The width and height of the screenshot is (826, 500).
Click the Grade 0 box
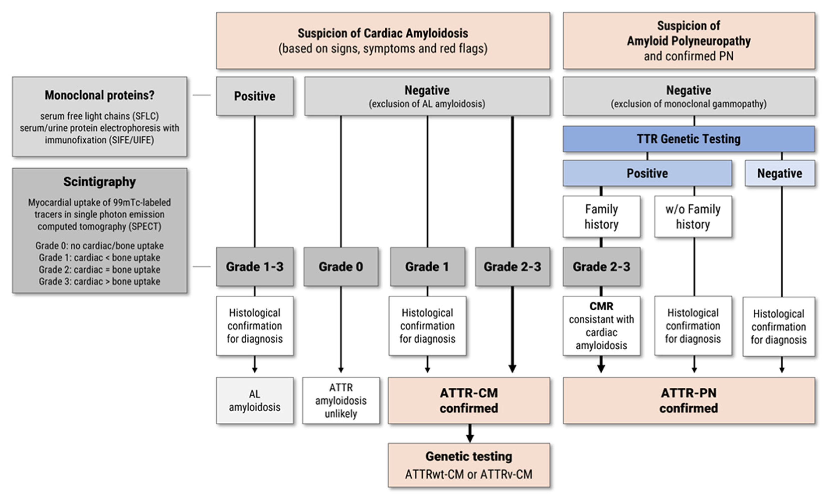point(341,267)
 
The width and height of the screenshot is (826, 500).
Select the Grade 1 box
point(427,267)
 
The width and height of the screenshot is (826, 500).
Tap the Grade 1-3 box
point(255,267)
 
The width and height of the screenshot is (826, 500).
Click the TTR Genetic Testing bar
point(689,139)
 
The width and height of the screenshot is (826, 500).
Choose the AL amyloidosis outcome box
point(255,400)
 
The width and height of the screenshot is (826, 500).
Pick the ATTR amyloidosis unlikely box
point(341,400)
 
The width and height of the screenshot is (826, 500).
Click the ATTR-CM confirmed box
point(469,400)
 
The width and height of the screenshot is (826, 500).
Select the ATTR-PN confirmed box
point(689,400)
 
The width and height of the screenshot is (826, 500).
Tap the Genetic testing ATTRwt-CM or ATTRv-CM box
point(469,465)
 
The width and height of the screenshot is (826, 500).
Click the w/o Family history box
point(693,216)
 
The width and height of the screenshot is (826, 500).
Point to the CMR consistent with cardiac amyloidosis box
point(601,326)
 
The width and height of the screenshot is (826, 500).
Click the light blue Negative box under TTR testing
point(779,173)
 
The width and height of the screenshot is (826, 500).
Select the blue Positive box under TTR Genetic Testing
point(647,173)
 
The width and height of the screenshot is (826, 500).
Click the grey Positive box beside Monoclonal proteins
point(255,96)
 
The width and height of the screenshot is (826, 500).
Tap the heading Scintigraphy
point(100,182)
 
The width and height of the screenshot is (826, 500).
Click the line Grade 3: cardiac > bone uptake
point(100,282)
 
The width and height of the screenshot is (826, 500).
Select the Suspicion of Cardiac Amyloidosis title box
point(383,41)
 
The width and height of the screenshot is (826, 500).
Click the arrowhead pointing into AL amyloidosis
point(255,370)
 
